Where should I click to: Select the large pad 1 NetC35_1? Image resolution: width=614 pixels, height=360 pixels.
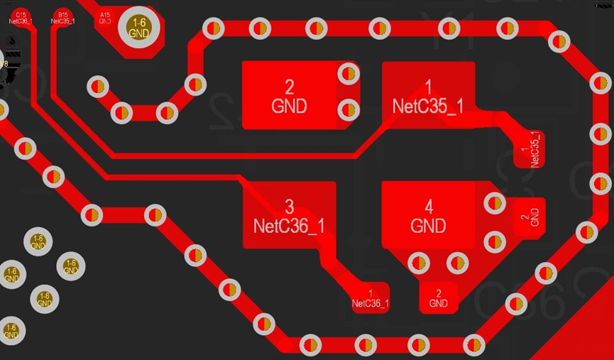tap(428, 96)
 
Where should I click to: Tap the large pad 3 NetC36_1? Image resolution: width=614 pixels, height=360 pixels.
tap(289, 216)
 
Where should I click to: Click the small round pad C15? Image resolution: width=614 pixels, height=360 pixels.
tap(21, 17)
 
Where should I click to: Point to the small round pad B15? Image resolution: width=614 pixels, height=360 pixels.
tap(62, 17)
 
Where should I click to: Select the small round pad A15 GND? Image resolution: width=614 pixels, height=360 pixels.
tap(105, 17)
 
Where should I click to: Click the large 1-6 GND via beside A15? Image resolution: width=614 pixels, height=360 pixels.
tap(140, 28)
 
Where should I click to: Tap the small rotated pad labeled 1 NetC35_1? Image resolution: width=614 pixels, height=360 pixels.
tap(530, 149)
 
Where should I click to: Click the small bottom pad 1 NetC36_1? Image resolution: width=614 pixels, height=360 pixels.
tap(370, 298)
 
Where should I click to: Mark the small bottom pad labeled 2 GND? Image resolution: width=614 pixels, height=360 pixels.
tap(439, 298)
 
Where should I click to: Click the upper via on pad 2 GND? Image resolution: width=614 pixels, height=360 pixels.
tap(348, 73)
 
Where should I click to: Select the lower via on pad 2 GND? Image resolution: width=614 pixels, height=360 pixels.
tap(348, 109)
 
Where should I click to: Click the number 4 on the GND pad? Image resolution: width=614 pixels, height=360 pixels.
tap(428, 207)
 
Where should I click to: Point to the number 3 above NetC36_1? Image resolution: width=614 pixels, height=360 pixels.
tap(289, 207)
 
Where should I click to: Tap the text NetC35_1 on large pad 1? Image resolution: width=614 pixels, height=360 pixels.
tap(428, 106)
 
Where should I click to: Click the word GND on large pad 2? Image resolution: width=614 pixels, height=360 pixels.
tap(290, 106)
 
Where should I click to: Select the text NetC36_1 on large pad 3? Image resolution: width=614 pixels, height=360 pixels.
tap(289, 226)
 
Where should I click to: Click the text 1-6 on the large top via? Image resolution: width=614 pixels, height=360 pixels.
tap(140, 23)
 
